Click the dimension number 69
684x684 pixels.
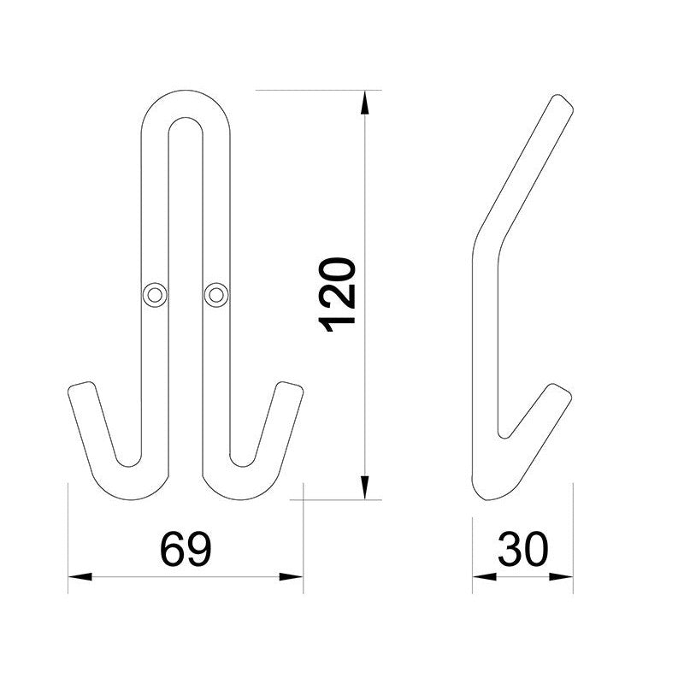pyautogui.click(x=186, y=549)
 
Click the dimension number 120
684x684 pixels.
pyautogui.click(x=337, y=295)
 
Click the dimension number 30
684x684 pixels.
pyautogui.click(x=523, y=549)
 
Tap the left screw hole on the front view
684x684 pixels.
pyautogui.click(x=155, y=295)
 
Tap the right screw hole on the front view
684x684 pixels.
pyautogui.click(x=216, y=295)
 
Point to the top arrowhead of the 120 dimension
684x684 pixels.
pyautogui.click(x=365, y=102)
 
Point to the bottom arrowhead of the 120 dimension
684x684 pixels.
pyautogui.click(x=365, y=487)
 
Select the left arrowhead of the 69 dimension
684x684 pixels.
pyautogui.click(x=80, y=576)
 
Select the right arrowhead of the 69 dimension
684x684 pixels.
pyautogui.click(x=291, y=576)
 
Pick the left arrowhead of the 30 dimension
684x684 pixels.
pyautogui.click(x=485, y=576)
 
